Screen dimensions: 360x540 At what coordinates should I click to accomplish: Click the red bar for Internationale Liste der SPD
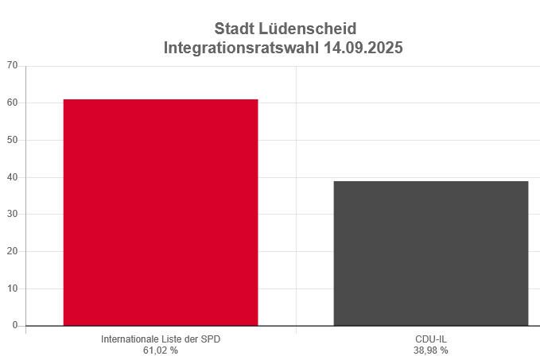(x=161, y=212)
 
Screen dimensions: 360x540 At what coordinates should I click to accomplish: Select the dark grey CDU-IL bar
(x=430, y=254)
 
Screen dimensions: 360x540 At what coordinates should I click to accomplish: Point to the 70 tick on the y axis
(x=12, y=66)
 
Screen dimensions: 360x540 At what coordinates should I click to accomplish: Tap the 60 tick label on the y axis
(x=12, y=103)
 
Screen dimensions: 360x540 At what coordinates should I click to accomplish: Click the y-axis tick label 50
(x=12, y=140)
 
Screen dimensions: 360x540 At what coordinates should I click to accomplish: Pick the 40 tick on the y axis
(x=12, y=177)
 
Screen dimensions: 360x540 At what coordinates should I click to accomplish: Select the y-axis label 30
(x=12, y=215)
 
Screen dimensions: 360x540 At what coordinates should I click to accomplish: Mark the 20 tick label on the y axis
(x=12, y=252)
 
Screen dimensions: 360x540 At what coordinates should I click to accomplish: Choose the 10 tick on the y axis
(x=12, y=288)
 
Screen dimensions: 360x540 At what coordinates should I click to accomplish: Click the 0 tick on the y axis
(x=14, y=326)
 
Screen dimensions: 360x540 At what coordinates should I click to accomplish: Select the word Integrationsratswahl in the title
(x=242, y=48)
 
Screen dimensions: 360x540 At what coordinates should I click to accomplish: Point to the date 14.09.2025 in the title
(x=363, y=48)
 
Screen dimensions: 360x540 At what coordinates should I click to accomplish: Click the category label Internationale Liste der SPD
(x=161, y=339)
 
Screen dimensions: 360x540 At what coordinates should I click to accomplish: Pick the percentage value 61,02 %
(x=161, y=350)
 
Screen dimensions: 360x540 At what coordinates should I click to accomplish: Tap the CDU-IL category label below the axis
(x=430, y=339)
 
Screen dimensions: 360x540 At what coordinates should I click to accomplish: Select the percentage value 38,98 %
(x=430, y=350)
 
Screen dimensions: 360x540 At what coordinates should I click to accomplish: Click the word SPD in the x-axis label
(x=211, y=339)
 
